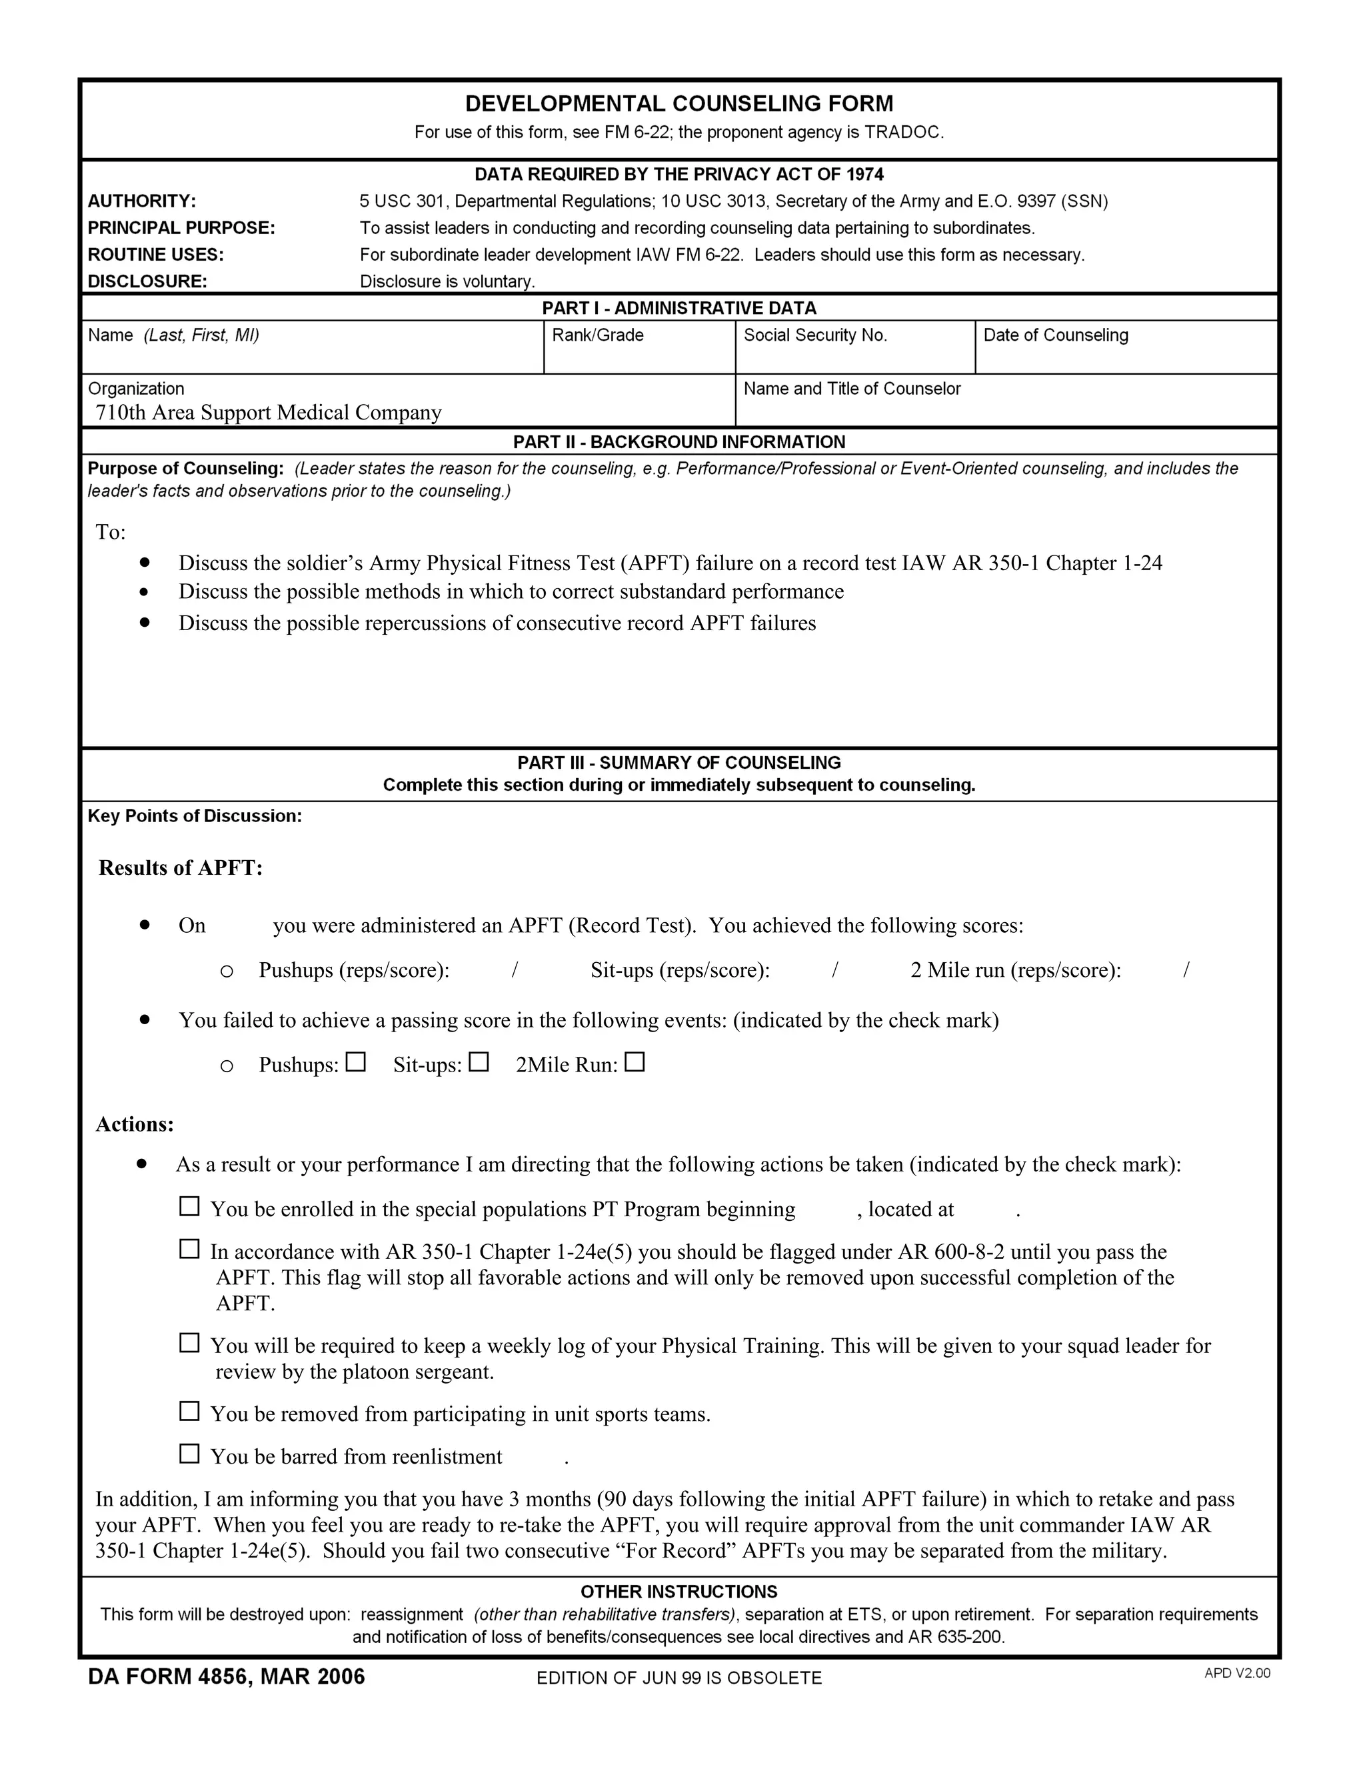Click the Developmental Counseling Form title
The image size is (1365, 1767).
pyautogui.click(x=679, y=103)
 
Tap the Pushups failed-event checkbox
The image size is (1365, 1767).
pyautogui.click(x=356, y=1062)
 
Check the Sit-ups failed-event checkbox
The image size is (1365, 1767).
pyautogui.click(x=479, y=1062)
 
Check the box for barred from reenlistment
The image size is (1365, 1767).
pyautogui.click(x=189, y=1454)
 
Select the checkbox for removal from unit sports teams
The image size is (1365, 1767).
pyautogui.click(x=189, y=1411)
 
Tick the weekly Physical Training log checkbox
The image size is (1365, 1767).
pyautogui.click(x=189, y=1343)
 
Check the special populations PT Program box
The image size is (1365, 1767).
pyautogui.click(x=189, y=1206)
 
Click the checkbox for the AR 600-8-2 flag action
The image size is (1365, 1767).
pyautogui.click(x=189, y=1249)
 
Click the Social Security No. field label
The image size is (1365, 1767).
pyautogui.click(x=815, y=335)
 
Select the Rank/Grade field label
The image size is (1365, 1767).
pyautogui.click(x=598, y=335)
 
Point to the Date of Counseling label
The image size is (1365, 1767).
pyautogui.click(x=1055, y=335)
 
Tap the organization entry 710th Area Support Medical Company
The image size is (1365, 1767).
pyautogui.click(x=269, y=413)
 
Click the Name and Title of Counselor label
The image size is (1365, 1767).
pyautogui.click(x=852, y=388)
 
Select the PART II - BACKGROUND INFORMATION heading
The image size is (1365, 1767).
pyautogui.click(x=679, y=441)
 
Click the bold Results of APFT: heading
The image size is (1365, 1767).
pyautogui.click(x=181, y=868)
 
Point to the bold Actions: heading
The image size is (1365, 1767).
pyautogui.click(x=135, y=1125)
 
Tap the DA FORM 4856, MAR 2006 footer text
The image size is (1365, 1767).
pyautogui.click(x=227, y=1676)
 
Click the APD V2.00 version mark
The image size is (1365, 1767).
pyautogui.click(x=1237, y=1673)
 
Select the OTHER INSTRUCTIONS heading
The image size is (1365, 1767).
pyautogui.click(x=679, y=1592)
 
